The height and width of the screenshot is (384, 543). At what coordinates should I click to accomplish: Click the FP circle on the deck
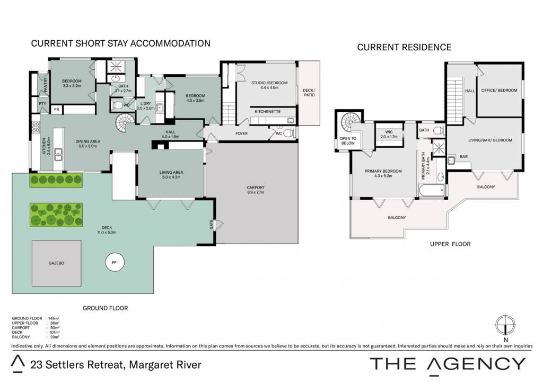click(x=115, y=263)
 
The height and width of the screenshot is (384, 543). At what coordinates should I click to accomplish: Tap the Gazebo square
click(x=56, y=263)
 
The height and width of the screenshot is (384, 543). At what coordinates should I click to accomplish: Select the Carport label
click(x=256, y=187)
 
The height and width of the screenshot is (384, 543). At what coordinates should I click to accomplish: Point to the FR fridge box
click(x=56, y=110)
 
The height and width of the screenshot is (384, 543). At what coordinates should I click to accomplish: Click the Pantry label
click(x=46, y=85)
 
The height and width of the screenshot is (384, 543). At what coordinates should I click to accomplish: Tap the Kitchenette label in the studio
click(x=268, y=111)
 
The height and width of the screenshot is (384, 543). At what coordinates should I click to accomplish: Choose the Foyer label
click(x=241, y=133)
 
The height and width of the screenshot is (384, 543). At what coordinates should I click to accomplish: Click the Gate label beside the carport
click(x=211, y=225)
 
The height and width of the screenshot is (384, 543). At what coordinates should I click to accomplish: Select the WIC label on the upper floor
click(x=389, y=132)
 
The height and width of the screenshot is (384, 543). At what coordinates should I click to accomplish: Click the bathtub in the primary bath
click(x=432, y=190)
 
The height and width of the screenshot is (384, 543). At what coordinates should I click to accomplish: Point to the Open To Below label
click(x=348, y=141)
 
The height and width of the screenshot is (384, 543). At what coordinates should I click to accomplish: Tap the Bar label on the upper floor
click(x=463, y=156)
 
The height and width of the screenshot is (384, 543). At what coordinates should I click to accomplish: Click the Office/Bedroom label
click(x=499, y=90)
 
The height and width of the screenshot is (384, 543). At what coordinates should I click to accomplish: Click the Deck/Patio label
click(x=309, y=92)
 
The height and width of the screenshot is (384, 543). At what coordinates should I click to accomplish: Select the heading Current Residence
click(x=404, y=47)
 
